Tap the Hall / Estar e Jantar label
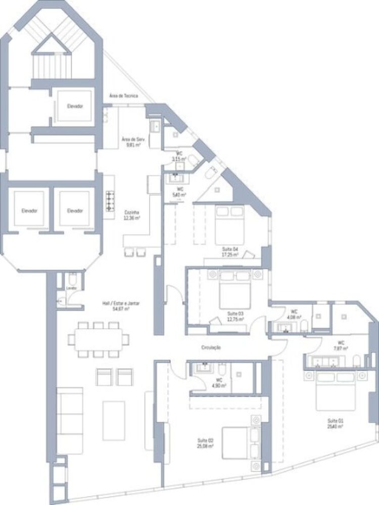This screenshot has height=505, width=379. point(121,306)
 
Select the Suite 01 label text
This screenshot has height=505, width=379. point(335,423)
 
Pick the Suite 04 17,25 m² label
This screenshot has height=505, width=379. point(230,252)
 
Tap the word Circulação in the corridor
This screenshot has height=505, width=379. point(211,348)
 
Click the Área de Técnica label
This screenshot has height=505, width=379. point(123,95)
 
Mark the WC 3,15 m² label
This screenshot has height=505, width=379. point(179,156)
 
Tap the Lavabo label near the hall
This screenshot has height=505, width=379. point(71,288)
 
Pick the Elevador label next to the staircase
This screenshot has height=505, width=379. point(74,106)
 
